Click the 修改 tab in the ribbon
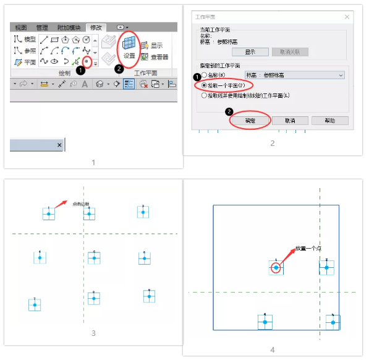97,28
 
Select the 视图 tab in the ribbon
21,28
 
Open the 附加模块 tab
69,28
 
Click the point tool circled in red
87,61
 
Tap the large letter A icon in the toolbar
84,84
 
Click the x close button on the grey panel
59,145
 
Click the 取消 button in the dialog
291,121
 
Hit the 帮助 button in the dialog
330,121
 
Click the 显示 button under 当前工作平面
250,52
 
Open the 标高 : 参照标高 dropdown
294,75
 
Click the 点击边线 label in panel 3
81,204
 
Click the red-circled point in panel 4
276,268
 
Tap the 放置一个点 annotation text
308,248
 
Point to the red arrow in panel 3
60,202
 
